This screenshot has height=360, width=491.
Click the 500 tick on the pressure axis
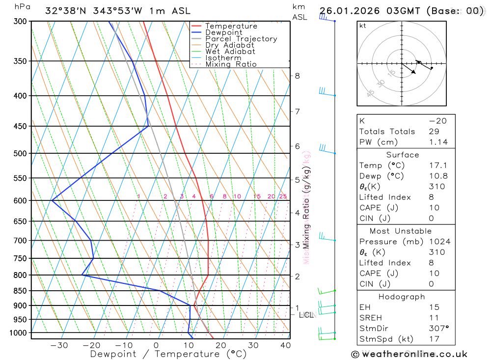pos(20,153)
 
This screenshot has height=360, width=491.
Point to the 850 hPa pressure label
pos(20,291)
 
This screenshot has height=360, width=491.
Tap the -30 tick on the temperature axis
pos(59,345)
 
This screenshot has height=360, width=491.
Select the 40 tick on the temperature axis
pos(285,345)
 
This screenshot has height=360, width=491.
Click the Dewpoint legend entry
pos(223,32)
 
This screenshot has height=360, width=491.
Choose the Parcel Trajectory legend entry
pos(241,39)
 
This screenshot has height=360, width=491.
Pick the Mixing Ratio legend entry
pos(231,64)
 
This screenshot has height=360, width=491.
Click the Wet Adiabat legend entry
pos(230,52)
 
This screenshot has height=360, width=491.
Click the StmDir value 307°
pos(438,329)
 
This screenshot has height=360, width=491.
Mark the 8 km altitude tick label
pos(297,76)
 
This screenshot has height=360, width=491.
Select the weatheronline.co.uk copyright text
pos(409,354)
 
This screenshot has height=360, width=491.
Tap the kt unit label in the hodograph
pos(363,26)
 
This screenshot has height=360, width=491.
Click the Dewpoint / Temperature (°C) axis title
pos(168,354)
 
